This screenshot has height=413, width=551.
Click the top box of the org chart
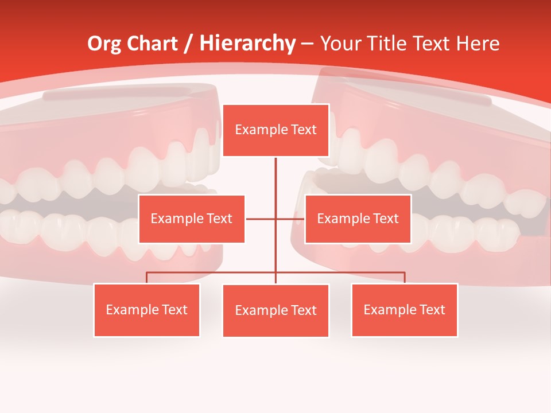[x=275, y=130]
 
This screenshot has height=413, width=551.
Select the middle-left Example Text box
[x=192, y=219]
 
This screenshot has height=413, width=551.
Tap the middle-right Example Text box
[x=358, y=219]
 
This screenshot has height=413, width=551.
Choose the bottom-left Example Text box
[x=147, y=310]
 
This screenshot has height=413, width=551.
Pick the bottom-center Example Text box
[x=275, y=311]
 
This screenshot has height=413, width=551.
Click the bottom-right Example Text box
[x=404, y=310]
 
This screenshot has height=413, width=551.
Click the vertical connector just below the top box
[x=275, y=172]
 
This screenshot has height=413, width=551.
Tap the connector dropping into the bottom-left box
[x=147, y=278]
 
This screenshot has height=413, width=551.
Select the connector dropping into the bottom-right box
[x=405, y=278]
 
